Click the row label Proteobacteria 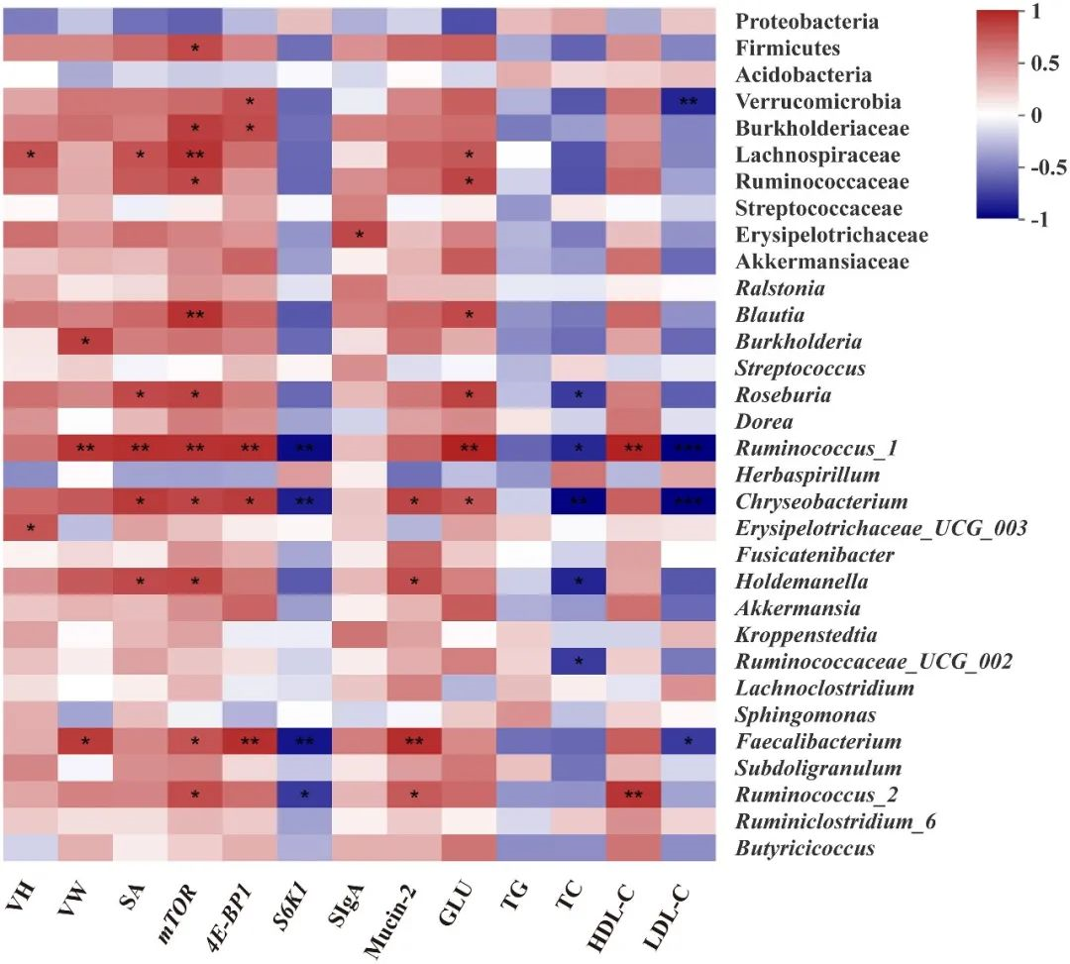pos(807,21)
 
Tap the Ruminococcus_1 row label pos(815,449)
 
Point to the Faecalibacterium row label pos(818,741)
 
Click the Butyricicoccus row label pos(804,848)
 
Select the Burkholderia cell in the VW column pos(85,342)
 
